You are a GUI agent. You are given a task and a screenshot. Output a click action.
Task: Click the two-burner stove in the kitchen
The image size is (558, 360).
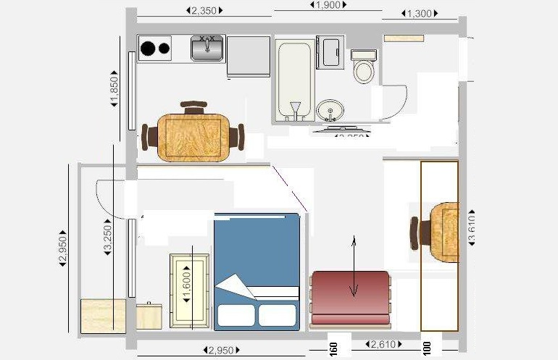pyautogui.click(x=155, y=49)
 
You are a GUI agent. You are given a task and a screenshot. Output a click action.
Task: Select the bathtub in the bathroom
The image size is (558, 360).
pyautogui.click(x=293, y=80)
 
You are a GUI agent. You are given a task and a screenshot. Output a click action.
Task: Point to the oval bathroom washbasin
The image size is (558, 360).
pyautogui.click(x=332, y=111)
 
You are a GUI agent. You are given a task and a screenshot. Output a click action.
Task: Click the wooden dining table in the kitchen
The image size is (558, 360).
pyautogui.click(x=193, y=138)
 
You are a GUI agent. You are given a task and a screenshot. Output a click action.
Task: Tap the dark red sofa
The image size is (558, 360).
pyautogui.click(x=350, y=298)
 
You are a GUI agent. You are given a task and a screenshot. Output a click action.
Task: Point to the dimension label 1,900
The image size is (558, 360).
pyautogui.click(x=328, y=5)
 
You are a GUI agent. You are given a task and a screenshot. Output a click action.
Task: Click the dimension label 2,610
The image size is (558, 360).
pyautogui.click(x=383, y=345)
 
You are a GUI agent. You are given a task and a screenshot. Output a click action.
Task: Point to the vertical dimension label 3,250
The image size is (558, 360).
pyautogui.click(x=107, y=236)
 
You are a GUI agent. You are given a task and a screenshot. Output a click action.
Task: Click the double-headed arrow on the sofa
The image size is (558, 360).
pyautogui.click(x=354, y=267)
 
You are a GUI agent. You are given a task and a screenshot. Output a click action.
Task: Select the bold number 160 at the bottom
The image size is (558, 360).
pyautogui.click(x=333, y=349)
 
